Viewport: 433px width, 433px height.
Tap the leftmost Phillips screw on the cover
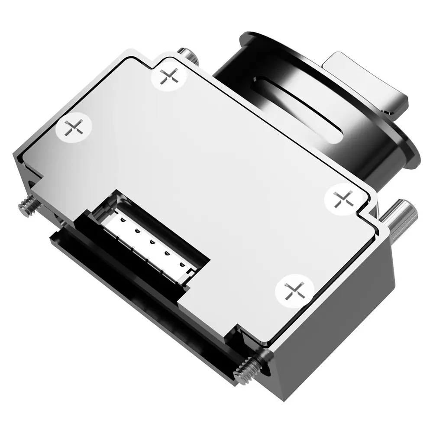click(74, 128)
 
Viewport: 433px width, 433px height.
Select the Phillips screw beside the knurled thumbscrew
click(342, 198)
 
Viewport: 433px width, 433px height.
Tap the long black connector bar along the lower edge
click(130, 281)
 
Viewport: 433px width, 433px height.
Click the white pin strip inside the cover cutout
click(149, 242)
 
